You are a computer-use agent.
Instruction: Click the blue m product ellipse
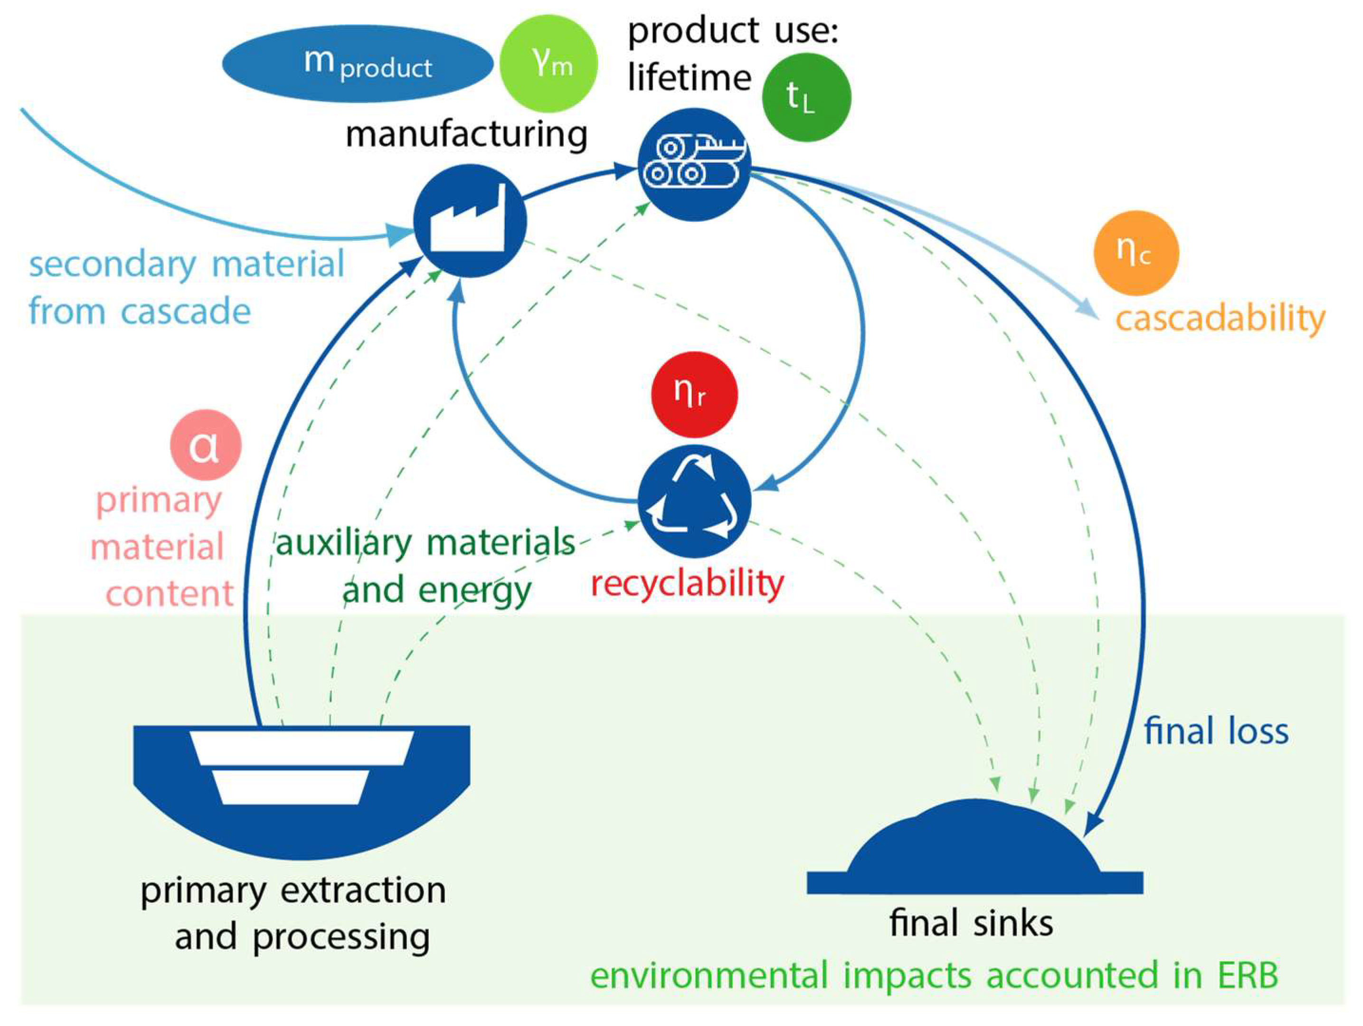pyautogui.click(x=358, y=64)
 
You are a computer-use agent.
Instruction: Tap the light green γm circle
pyautogui.click(x=549, y=64)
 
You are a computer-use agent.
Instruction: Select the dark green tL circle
pyautogui.click(x=806, y=97)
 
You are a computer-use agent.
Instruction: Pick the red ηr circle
pyautogui.click(x=694, y=394)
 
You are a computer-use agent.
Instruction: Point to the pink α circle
pyautogui.click(x=206, y=445)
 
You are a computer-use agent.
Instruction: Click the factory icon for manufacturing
pyautogui.click(x=470, y=220)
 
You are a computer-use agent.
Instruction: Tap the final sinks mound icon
pyautogui.click(x=974, y=850)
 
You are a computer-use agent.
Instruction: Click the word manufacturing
pyautogui.click(x=466, y=134)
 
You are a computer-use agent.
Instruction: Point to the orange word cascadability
pyautogui.click(x=1220, y=319)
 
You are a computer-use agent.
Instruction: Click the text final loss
pyautogui.click(x=1216, y=732)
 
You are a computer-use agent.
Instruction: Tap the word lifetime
pyautogui.click(x=689, y=78)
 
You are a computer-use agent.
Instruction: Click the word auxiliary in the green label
pyautogui.click(x=343, y=543)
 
